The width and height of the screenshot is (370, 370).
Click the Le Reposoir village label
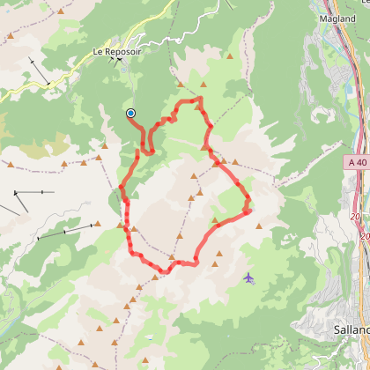tap(117, 52)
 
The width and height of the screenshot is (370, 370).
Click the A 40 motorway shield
tap(355, 162)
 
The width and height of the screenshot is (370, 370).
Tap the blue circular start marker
tap(130, 113)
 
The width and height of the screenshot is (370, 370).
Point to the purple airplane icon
tap(249, 278)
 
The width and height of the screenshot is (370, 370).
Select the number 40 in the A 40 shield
tap(359, 162)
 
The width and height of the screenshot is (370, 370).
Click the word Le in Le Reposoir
tap(99, 52)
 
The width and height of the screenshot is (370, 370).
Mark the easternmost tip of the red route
tap(249, 210)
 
